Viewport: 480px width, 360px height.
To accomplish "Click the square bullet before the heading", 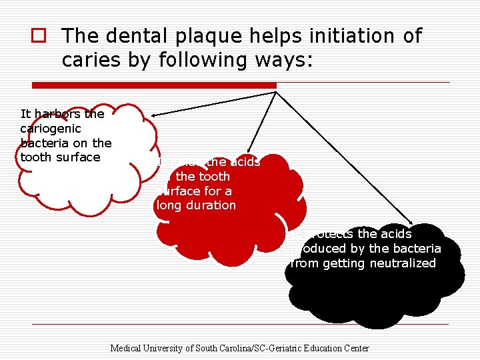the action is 39,36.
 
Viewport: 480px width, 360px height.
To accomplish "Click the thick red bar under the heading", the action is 154,85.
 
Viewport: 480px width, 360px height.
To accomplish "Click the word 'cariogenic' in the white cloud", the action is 51,129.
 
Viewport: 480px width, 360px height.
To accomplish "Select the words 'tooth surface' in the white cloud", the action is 61,157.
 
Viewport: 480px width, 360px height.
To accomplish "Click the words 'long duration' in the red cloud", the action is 196,205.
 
